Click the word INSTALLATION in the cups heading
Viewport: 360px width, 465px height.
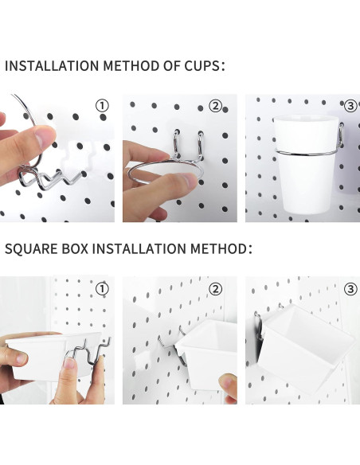52,65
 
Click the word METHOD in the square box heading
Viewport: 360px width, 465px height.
216,249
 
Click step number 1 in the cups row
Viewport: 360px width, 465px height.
102,105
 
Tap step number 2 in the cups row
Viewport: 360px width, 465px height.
215,105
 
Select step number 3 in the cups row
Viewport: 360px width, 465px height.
348,105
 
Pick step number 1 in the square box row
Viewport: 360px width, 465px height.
102,287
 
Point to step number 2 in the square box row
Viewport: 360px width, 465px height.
215,287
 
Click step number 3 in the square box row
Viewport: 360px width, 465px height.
348,287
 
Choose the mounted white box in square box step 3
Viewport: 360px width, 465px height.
303,350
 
